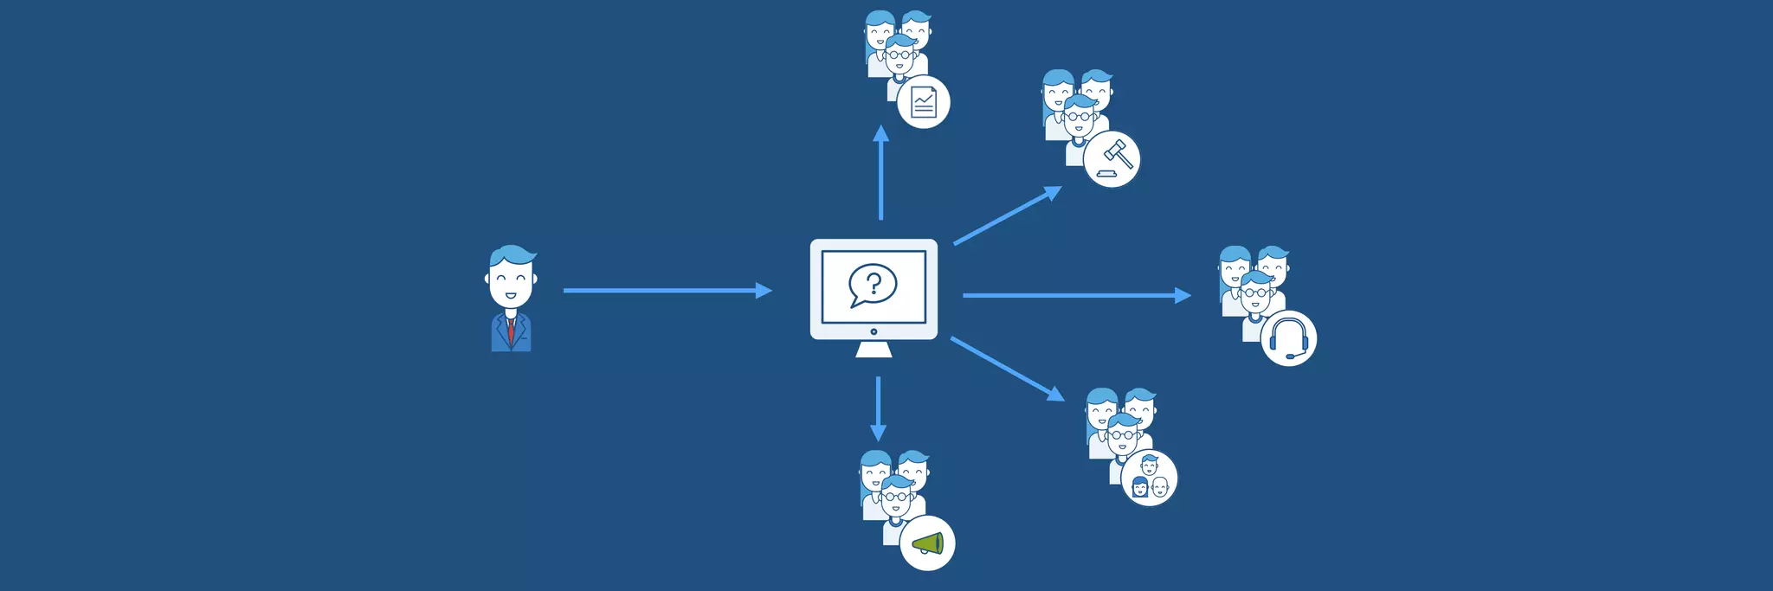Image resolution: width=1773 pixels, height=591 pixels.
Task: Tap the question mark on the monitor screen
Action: tap(874, 283)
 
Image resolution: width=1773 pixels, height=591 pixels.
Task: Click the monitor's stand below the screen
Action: tap(874, 349)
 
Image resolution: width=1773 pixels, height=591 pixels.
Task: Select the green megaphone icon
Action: tap(928, 543)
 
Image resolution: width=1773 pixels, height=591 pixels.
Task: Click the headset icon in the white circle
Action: tap(1288, 338)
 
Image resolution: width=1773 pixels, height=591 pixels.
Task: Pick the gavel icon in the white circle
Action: tap(1112, 159)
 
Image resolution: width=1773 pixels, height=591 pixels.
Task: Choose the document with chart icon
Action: tap(924, 102)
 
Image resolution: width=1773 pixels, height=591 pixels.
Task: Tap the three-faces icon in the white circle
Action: tap(1150, 479)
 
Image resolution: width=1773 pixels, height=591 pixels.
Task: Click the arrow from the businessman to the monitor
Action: tap(667, 291)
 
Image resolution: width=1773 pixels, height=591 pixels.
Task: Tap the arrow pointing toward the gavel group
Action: tap(1008, 215)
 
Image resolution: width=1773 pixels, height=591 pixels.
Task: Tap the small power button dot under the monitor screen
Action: tap(874, 331)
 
